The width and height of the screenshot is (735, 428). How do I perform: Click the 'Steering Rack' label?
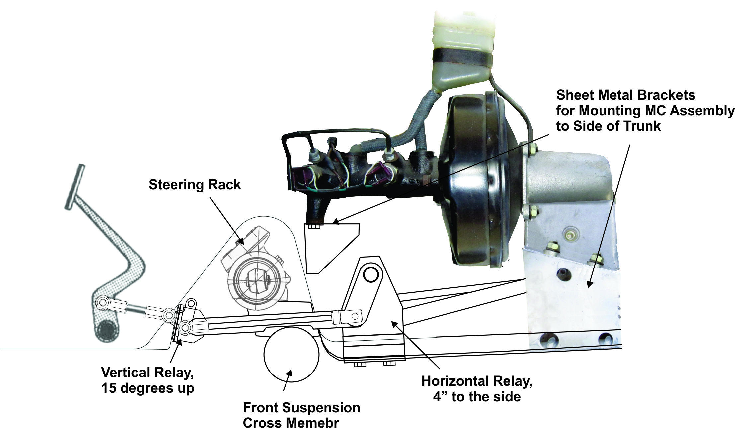click(x=195, y=185)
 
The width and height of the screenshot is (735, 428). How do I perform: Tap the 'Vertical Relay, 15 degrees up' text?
click(x=147, y=380)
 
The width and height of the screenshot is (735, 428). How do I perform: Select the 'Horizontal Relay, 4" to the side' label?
click(x=477, y=389)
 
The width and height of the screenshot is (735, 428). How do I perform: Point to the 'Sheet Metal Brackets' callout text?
click(x=626, y=95)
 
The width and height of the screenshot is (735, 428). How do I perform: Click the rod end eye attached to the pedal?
click(x=102, y=303)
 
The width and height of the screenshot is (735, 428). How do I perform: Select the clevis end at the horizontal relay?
click(x=352, y=316)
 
